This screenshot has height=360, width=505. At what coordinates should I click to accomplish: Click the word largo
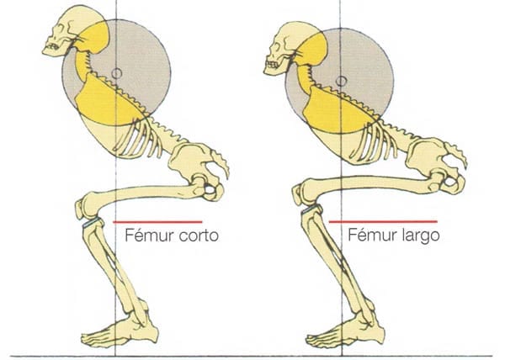pyautogui.click(x=420, y=236)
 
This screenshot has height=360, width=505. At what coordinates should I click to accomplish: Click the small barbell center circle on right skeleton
pyautogui.click(x=341, y=80)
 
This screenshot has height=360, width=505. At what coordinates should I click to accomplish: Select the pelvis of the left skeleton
pyautogui.click(x=206, y=172)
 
